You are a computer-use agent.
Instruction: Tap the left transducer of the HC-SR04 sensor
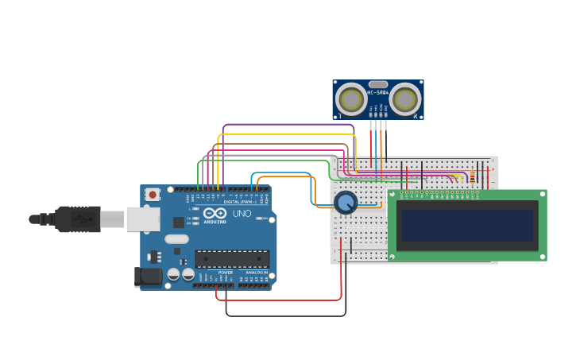[x=350, y=99]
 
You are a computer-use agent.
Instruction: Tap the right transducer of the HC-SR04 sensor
[x=405, y=99]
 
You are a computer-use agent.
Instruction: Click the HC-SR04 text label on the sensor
[x=377, y=92]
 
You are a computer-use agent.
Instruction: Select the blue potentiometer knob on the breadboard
[x=346, y=202]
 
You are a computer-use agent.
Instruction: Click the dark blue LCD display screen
[x=467, y=225]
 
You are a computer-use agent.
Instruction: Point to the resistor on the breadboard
[x=473, y=177]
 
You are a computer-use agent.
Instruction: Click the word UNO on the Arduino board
[x=242, y=214]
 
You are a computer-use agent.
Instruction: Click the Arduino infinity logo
[x=215, y=213]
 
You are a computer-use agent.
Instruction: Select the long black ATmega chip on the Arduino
[x=232, y=258]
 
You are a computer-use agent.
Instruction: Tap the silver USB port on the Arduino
[x=143, y=219]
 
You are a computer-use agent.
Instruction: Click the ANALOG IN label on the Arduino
[x=257, y=273]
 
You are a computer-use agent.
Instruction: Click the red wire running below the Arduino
[x=278, y=300]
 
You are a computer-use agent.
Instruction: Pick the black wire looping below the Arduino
[x=286, y=316]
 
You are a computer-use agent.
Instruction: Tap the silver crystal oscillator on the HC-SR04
[x=378, y=84]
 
